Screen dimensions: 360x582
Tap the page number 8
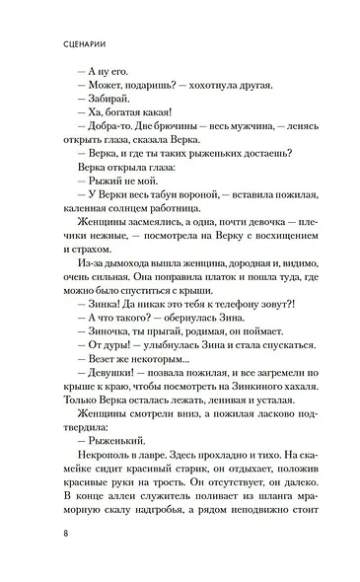click(63, 539)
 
